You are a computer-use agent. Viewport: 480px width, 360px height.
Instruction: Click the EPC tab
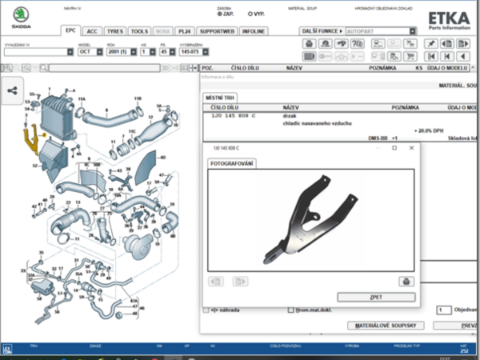[x=71, y=30]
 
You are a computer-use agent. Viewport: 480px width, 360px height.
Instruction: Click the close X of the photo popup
[x=411, y=148]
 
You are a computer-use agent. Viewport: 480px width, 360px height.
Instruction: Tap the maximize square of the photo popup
[x=394, y=148]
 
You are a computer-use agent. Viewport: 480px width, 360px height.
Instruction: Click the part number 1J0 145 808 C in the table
[x=234, y=116]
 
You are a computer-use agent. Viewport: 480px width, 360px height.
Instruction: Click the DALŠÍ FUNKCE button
[x=321, y=30]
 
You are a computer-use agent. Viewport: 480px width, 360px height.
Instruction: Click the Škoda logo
[x=21, y=17]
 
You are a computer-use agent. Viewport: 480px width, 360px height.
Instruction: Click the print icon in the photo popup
[x=405, y=281]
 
